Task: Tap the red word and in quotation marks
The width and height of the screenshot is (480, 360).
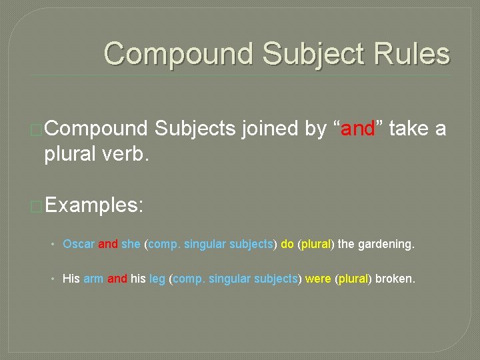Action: pyautogui.click(x=358, y=129)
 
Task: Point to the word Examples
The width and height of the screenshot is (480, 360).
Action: pyautogui.click(x=94, y=205)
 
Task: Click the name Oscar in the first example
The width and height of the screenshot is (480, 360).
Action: pyautogui.click(x=79, y=244)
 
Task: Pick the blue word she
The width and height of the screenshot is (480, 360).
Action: pyautogui.click(x=131, y=244)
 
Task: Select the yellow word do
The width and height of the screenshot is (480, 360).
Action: pyautogui.click(x=287, y=244)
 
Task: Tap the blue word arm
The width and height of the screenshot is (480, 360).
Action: pyautogui.click(x=93, y=279)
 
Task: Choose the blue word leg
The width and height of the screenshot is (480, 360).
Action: pyautogui.click(x=158, y=279)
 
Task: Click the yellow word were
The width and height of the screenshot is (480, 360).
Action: pyautogui.click(x=317, y=279)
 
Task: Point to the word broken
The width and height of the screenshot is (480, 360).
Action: pyautogui.click(x=395, y=279)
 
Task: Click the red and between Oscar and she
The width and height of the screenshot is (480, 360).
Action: pyautogui.click(x=108, y=244)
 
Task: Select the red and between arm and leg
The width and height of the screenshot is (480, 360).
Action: pyautogui.click(x=117, y=279)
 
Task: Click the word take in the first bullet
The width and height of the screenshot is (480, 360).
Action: pyautogui.click(x=407, y=129)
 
